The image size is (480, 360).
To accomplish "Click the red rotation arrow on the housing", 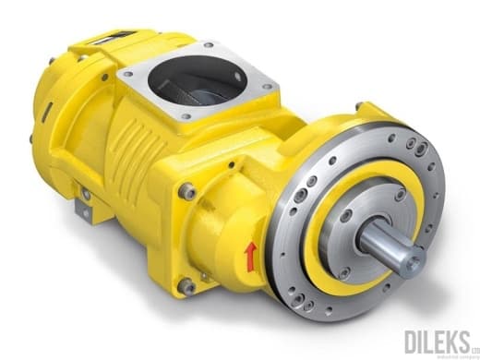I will click(x=248, y=257).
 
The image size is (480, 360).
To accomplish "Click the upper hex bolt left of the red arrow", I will click(x=189, y=191).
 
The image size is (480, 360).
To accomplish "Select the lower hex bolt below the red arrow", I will click(x=188, y=285).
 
